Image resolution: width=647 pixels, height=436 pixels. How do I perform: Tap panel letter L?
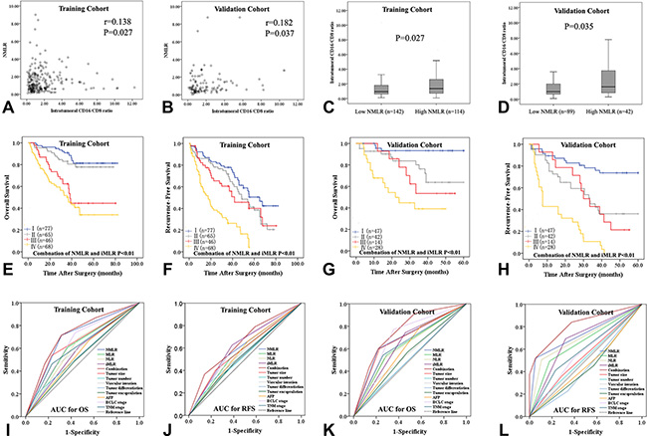coord(497,429)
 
